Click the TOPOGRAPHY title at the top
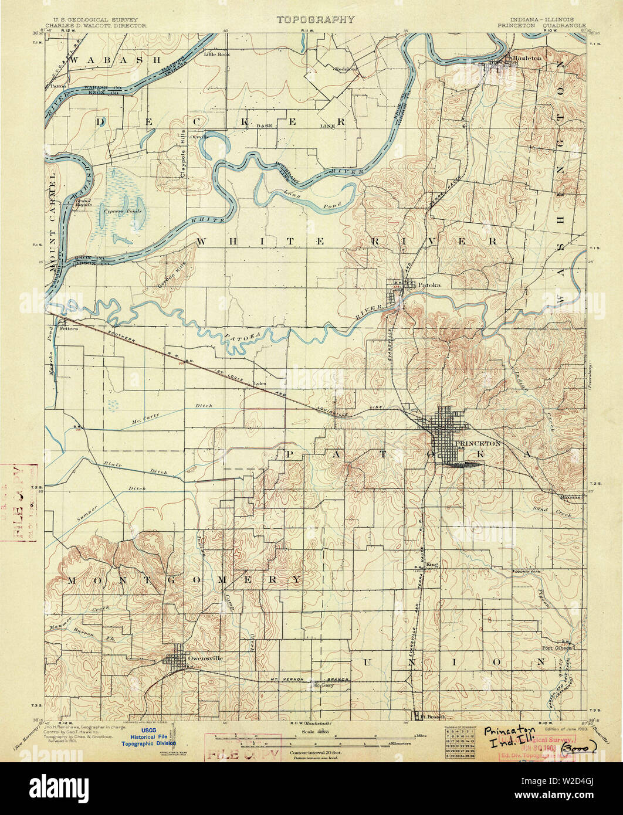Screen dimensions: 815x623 [x=316, y=19]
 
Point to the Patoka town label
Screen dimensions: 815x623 [x=429, y=286]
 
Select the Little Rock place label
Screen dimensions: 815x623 [x=217, y=54]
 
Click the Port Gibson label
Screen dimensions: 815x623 [x=556, y=648]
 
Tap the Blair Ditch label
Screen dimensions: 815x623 [x=136, y=467]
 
